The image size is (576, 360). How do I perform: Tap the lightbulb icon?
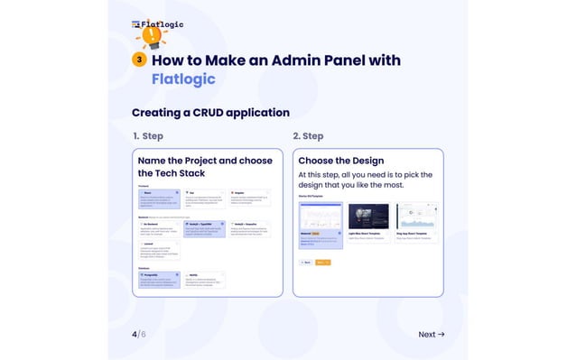(x=153, y=37)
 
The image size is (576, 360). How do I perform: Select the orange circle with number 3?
(x=139, y=60)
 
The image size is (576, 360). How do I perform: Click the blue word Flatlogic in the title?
(x=183, y=78)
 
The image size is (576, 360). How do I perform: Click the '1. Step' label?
(x=148, y=136)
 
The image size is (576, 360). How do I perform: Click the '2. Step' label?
(x=308, y=136)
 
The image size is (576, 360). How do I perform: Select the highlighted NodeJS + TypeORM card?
(x=204, y=227)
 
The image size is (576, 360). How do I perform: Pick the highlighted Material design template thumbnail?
(x=321, y=221)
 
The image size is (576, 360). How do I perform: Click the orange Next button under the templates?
(x=323, y=263)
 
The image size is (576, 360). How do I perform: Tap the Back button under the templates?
(x=305, y=263)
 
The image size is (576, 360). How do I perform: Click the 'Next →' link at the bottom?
(x=431, y=334)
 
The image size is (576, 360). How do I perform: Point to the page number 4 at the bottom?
(x=135, y=334)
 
